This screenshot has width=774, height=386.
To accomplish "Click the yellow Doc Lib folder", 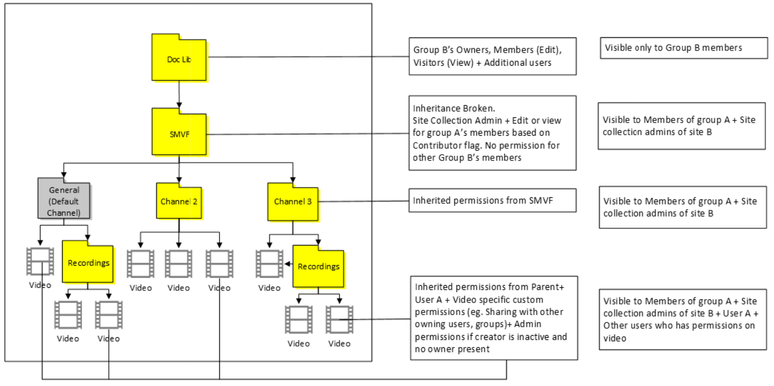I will coord(179,58).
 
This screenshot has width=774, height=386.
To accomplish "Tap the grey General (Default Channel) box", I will coord(64,201).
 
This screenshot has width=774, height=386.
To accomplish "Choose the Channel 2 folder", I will coord(179,202).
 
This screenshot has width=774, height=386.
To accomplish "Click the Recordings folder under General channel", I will coord(88,263).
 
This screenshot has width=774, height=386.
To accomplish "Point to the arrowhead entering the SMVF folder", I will coord(179,105).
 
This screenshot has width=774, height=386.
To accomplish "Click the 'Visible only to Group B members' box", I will coord(683,48).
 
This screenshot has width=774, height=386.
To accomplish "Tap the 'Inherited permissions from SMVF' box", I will coord(492,200).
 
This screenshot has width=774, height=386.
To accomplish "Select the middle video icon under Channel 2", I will coord(179,264).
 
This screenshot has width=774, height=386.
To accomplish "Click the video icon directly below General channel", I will coord(40,261).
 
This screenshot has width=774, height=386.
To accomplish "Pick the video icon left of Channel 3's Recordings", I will coord(269,264).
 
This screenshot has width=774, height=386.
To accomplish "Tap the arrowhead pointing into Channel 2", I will coord(179,180).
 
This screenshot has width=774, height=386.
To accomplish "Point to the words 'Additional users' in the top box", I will coord(518,63).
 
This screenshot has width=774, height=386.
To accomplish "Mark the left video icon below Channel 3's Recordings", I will coord(298,319).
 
